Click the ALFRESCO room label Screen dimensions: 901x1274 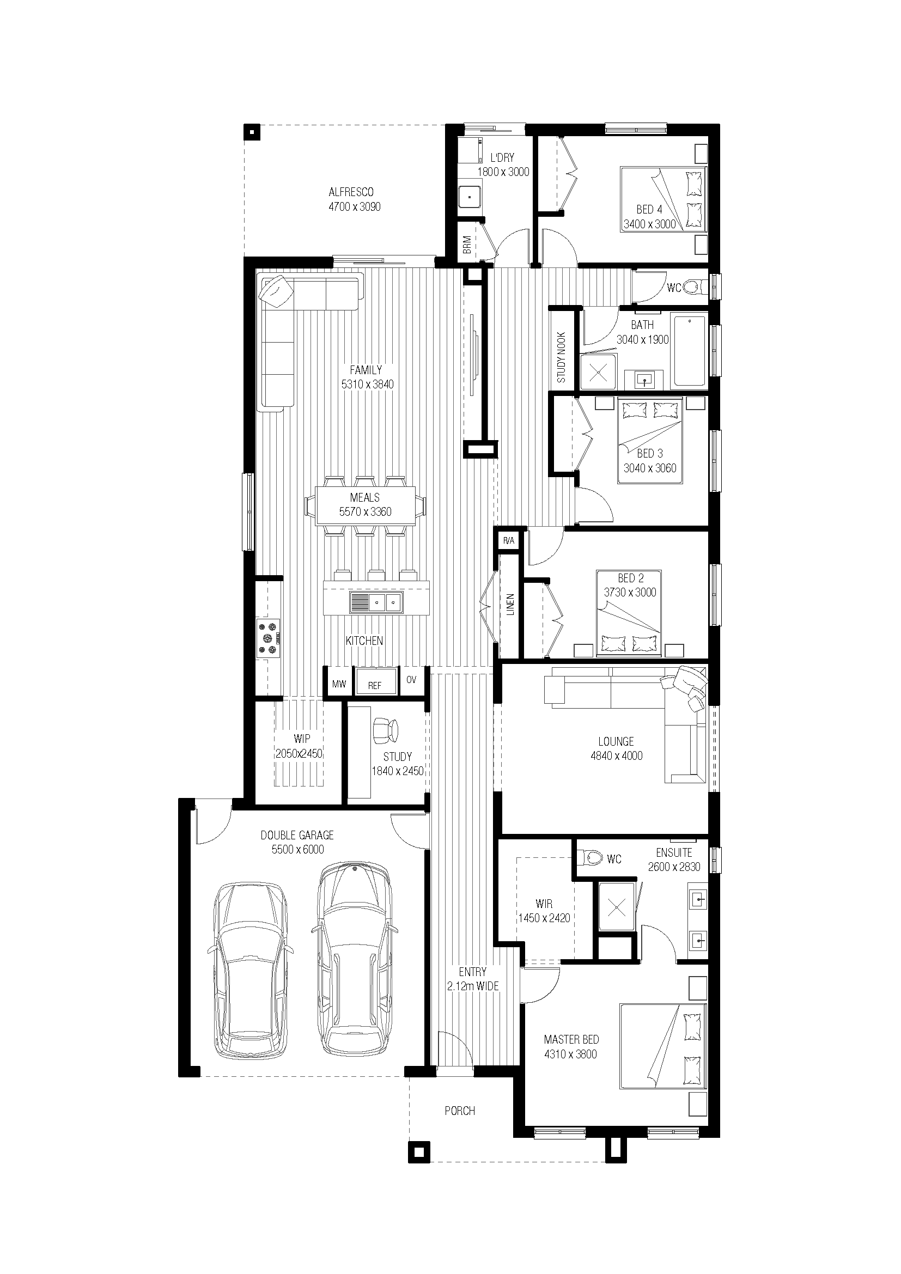click(x=351, y=192)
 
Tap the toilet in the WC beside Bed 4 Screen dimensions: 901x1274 click(x=693, y=287)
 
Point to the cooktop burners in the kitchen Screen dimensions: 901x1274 click(x=269, y=638)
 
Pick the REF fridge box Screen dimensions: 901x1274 click(x=376, y=682)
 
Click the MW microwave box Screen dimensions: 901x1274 click(x=339, y=684)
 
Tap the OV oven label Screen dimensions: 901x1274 click(x=411, y=680)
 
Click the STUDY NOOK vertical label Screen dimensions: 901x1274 click(x=561, y=357)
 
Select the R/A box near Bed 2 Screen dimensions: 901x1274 click(x=509, y=540)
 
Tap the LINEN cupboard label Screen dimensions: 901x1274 click(x=510, y=604)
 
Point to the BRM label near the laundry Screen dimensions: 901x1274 click(x=467, y=245)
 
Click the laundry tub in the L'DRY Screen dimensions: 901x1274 click(x=470, y=197)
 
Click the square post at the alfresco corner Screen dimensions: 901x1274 click(x=252, y=132)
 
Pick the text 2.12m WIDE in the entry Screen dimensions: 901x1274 click(x=473, y=986)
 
